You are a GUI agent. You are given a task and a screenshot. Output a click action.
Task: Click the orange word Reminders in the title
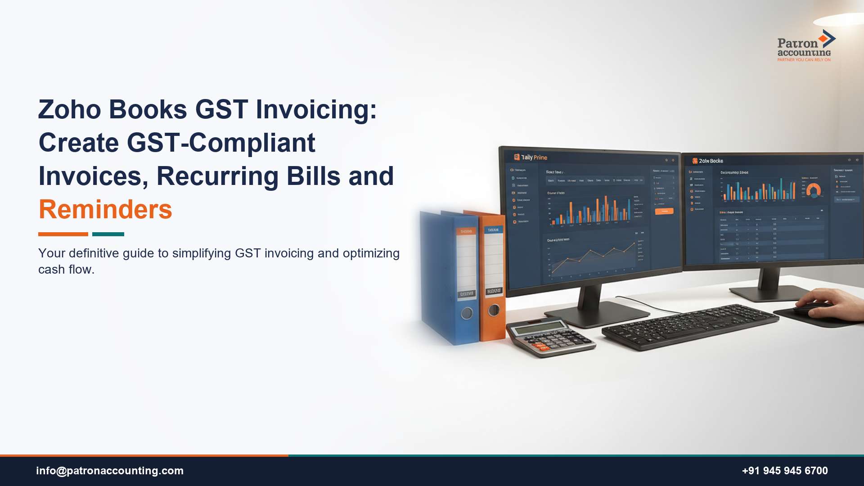point(105,210)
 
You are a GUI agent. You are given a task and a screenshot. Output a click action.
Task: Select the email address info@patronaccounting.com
point(110,471)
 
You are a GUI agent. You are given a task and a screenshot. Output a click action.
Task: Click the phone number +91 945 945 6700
point(784,471)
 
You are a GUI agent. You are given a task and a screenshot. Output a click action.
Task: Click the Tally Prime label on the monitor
point(534,157)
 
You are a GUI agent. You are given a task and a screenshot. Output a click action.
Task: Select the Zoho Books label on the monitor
point(711,161)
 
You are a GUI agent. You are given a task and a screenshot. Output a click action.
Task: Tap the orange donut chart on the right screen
point(813,190)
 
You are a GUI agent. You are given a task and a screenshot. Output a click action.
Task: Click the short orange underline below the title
point(63,234)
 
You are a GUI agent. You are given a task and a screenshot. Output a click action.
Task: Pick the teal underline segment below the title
point(108,234)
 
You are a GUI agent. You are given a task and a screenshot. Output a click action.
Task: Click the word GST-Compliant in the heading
point(221,143)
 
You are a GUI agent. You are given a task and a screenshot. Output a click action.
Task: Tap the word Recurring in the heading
point(217,176)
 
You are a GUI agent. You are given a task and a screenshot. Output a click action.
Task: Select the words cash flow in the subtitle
point(66,270)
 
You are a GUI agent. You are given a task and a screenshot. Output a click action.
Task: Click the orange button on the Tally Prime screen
point(664,211)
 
